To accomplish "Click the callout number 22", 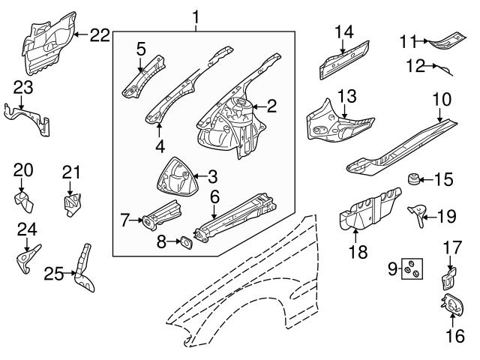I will click(100, 34).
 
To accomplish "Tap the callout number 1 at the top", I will click(196, 16).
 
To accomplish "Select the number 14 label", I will click(343, 31).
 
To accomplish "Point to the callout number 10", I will click(441, 98).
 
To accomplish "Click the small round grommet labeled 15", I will click(412, 179).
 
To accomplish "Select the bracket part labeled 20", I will click(23, 199).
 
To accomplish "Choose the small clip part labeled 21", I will click(71, 203).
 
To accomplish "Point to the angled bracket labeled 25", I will click(83, 270).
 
